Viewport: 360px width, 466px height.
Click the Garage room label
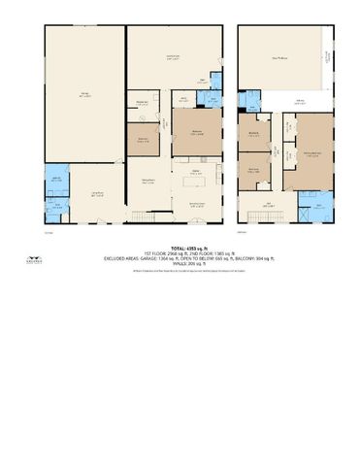click(84, 93)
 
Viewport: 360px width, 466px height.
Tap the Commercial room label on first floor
click(173, 59)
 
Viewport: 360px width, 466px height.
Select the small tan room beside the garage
click(143, 140)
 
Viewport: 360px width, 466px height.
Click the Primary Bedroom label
click(312, 152)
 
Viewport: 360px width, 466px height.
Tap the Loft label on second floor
click(269, 204)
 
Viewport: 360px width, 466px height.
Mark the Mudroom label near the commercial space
click(142, 104)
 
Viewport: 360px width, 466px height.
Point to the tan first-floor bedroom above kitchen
click(195, 133)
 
